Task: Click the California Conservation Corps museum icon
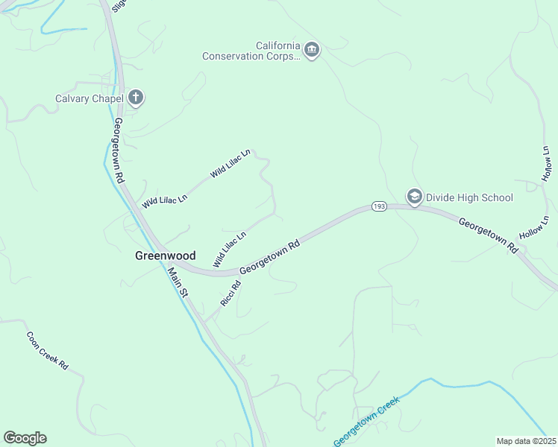(x=312, y=51)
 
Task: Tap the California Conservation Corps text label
(x=251, y=51)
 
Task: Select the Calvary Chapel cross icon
(x=136, y=98)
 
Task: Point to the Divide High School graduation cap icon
(x=414, y=197)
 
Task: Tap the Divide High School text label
(x=468, y=197)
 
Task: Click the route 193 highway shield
(x=379, y=206)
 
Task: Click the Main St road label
(x=177, y=282)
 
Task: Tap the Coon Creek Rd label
(x=48, y=351)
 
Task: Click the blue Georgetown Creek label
(x=366, y=421)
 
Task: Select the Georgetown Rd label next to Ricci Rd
(x=270, y=258)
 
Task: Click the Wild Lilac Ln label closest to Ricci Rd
(x=229, y=249)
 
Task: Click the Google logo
(x=25, y=438)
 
